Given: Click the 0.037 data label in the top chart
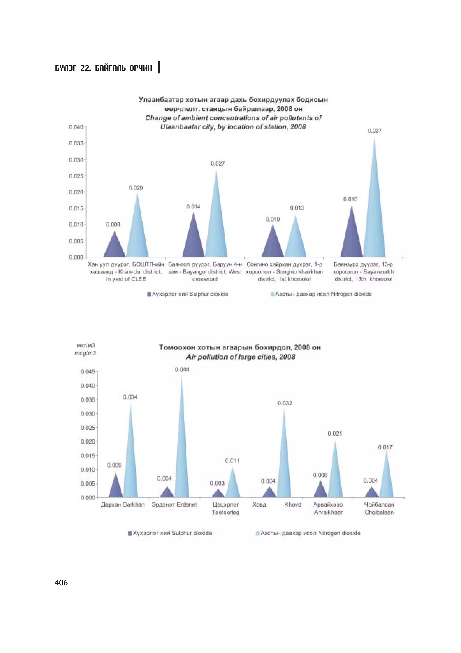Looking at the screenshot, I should pyautogui.click(x=374, y=131).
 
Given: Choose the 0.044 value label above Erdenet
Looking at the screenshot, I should pyautogui.click(x=182, y=370).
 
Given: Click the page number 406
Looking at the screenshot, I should pyautogui.click(x=61, y=583).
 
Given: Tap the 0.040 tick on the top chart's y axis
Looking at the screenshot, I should pyautogui.click(x=76, y=127).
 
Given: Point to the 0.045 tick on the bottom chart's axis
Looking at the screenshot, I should pyautogui.click(x=88, y=371).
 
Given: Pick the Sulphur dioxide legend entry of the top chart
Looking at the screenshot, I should pyautogui.click(x=188, y=294).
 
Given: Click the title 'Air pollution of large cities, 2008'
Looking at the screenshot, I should pyautogui.click(x=240, y=357).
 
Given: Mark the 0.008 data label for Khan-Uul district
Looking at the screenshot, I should pyautogui.click(x=113, y=225).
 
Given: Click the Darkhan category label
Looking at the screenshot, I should pyautogui.click(x=123, y=505).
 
